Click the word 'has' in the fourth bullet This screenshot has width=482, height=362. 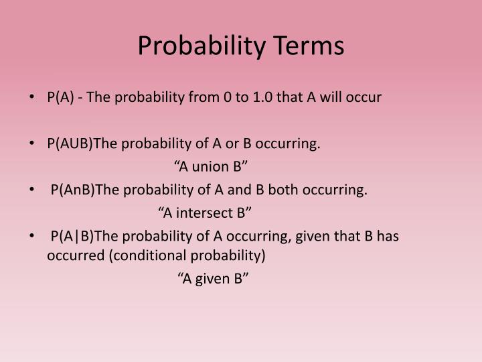389,236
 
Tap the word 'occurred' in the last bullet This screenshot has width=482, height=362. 72,255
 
